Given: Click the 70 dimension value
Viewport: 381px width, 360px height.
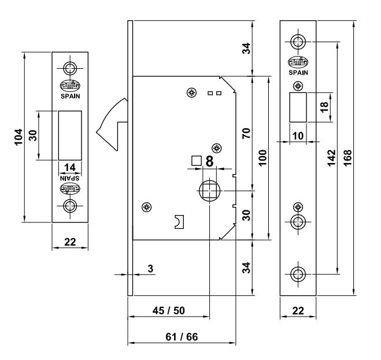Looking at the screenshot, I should (x=245, y=134).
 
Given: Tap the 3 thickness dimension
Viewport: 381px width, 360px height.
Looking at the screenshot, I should (x=150, y=269).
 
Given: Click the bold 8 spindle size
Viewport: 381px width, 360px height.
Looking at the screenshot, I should (x=209, y=161).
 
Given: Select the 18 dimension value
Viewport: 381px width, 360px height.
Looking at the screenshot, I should (x=324, y=107).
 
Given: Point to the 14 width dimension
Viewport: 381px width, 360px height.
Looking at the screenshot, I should (x=70, y=167).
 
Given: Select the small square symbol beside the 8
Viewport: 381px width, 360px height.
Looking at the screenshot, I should (x=196, y=161).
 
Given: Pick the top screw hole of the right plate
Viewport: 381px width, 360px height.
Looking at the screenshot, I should (x=298, y=42).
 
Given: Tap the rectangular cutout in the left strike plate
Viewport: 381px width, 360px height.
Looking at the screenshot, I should (x=70, y=135).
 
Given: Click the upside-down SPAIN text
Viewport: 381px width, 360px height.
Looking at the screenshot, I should (x=70, y=177).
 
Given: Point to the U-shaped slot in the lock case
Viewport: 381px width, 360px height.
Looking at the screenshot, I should (x=179, y=221).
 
